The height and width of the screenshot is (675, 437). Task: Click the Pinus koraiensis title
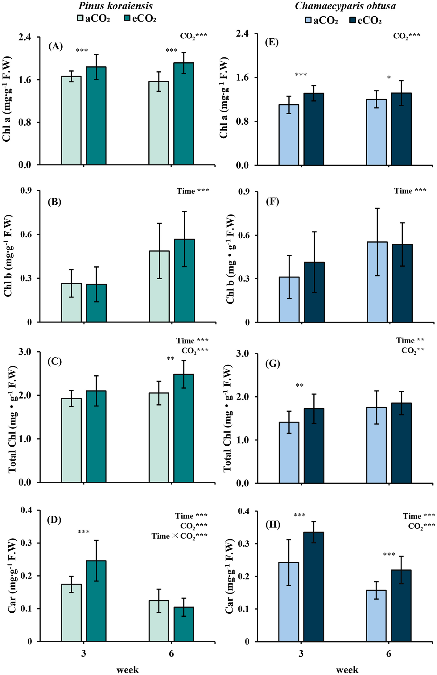click(115, 6)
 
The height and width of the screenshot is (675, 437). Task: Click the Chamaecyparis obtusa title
click(345, 6)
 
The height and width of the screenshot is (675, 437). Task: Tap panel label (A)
click(56, 46)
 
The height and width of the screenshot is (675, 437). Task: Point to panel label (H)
click(273, 524)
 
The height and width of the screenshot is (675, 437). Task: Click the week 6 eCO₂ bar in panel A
click(184, 114)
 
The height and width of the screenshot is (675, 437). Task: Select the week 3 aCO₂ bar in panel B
click(71, 302)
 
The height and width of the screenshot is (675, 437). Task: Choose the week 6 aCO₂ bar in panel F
click(377, 282)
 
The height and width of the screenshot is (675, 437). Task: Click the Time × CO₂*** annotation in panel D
click(179, 536)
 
